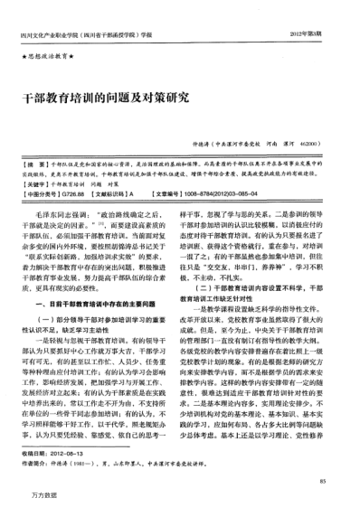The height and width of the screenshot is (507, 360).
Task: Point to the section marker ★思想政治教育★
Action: pyautogui.click(x=51, y=57)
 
